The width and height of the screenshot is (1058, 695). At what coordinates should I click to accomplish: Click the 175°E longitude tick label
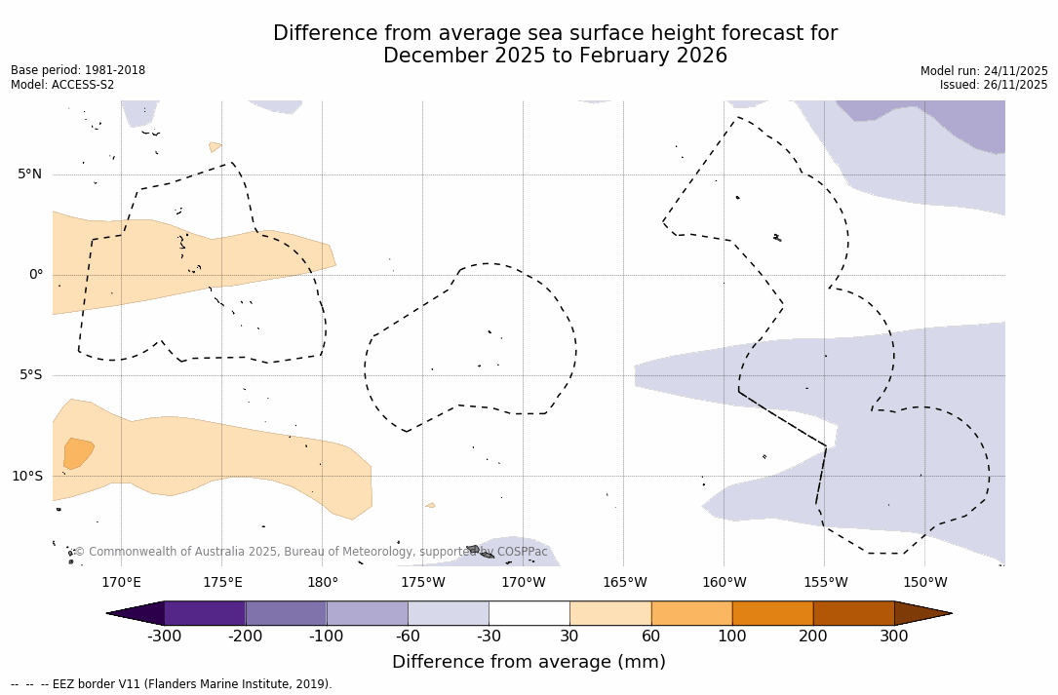pos(222,583)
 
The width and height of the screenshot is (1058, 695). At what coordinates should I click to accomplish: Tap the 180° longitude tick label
pos(323,583)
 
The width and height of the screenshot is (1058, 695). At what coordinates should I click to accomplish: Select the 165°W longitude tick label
pos(625,583)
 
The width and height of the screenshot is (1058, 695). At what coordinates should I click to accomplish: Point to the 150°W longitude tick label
pos(925,583)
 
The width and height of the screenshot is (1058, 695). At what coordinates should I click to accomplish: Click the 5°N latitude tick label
pos(29,174)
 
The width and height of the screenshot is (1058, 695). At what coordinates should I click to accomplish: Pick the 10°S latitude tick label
pos(26,477)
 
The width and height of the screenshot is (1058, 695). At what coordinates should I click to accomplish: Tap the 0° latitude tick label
pos(35,275)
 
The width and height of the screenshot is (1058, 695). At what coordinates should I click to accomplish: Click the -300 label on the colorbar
pos(165,637)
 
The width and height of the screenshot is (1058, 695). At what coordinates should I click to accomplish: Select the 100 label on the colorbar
pos(732,637)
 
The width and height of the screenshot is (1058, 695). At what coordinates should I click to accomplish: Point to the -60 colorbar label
pos(408,637)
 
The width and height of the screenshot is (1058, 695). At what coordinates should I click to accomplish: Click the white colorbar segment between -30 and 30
pos(529,613)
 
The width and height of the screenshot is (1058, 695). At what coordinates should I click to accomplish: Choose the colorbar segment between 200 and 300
pos(853,613)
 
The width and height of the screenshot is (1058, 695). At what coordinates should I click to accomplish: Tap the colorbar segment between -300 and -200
pos(205,613)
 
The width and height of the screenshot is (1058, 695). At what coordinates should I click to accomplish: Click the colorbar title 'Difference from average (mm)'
pos(529,662)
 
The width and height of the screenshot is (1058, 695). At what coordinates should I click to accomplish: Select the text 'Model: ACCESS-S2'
pos(62,85)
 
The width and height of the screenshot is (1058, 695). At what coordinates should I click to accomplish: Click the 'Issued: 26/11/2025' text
pos(994,85)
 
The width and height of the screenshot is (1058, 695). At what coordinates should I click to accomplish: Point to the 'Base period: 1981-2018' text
pos(78,70)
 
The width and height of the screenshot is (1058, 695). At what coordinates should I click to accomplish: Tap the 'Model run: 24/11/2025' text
pos(984,70)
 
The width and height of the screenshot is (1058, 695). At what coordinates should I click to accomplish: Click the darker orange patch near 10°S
pos(77,453)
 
